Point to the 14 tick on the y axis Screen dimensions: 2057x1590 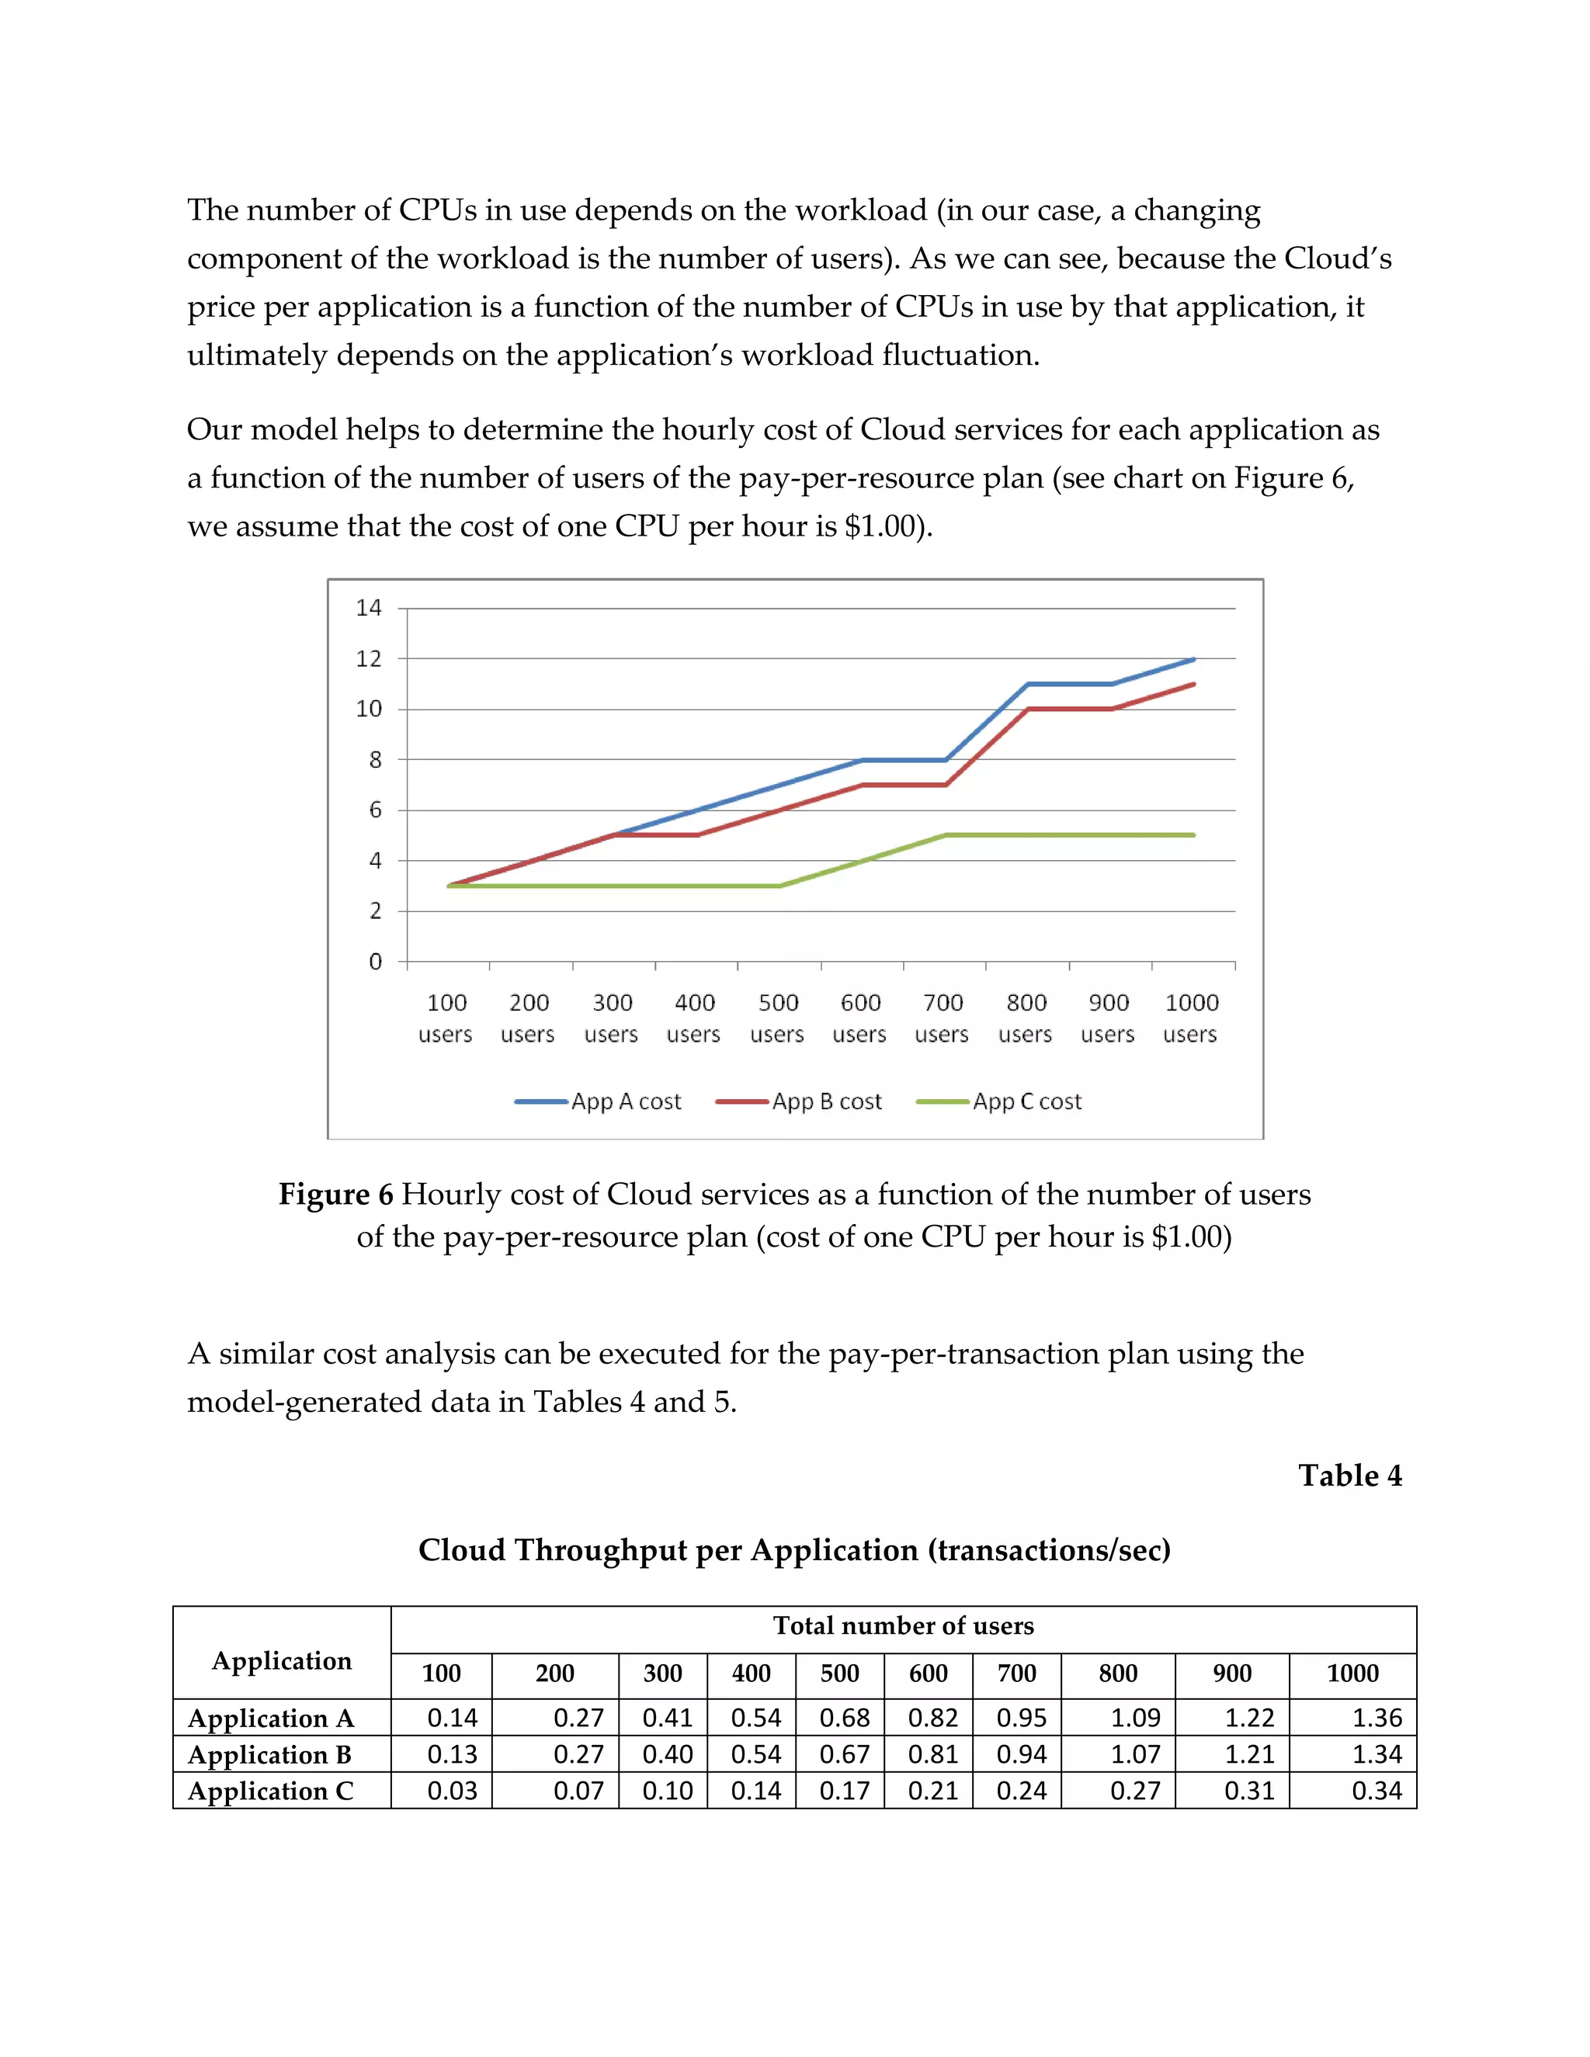370,609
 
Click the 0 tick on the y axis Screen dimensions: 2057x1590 375,962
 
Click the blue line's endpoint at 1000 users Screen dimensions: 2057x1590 1193,659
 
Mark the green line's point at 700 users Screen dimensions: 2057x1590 945,835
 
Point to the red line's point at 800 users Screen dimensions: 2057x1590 1028,709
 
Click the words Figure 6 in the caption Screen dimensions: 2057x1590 335,1195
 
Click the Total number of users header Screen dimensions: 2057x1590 904,1625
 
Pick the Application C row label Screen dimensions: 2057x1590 271,1791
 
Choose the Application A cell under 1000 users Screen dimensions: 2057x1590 1376,1718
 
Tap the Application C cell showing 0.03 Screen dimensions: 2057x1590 452,1791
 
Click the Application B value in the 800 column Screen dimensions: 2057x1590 1135,1753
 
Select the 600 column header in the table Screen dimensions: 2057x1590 928,1674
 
